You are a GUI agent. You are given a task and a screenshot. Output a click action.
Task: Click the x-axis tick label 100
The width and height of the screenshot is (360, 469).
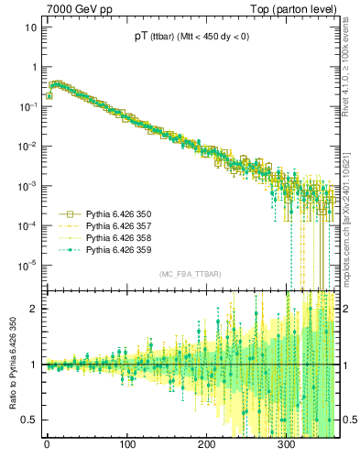pos(126,444)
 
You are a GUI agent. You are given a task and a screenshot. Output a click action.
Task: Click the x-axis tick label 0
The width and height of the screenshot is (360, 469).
pos(47,444)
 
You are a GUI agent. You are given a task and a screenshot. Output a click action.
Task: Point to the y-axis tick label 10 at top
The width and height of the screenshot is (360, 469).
pos(30,27)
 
